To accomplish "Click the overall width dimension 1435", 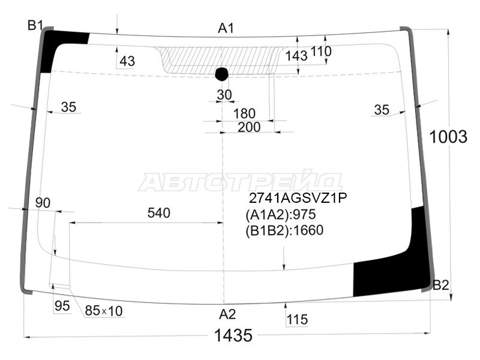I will pyautogui.click(x=233, y=336).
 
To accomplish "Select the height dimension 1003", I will pyautogui.click(x=448, y=137).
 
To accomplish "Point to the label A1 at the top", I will pyautogui.click(x=226, y=28).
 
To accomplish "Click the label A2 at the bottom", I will pyautogui.click(x=227, y=314).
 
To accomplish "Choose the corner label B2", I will pyautogui.click(x=441, y=285).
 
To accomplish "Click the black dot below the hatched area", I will pyautogui.click(x=222, y=74).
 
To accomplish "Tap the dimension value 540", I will pyautogui.click(x=158, y=213).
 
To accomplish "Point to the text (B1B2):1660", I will pyautogui.click(x=284, y=231).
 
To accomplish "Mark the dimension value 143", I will pyautogui.click(x=296, y=56).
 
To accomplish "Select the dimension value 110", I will pyautogui.click(x=321, y=52).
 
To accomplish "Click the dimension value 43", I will pyautogui.click(x=127, y=61).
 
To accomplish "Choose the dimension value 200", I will pyautogui.click(x=248, y=127).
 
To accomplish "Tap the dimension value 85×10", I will pyautogui.click(x=103, y=311).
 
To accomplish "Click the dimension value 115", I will pyautogui.click(x=297, y=320).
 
